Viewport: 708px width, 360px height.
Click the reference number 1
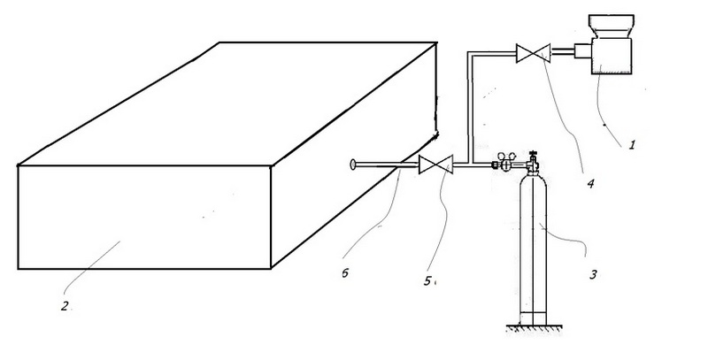(x=632, y=145)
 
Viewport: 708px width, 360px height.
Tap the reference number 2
(x=65, y=306)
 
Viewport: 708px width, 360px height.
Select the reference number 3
(x=593, y=274)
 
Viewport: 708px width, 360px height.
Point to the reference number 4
(x=590, y=184)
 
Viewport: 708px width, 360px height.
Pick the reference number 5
(x=427, y=281)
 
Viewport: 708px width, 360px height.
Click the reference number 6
(x=345, y=273)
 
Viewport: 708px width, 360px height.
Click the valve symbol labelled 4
(x=534, y=53)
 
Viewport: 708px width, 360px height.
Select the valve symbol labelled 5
(x=435, y=165)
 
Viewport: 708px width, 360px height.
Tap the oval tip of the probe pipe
(x=353, y=165)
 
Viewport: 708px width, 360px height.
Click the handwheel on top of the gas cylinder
(x=534, y=154)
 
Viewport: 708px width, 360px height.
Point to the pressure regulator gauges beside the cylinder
(x=508, y=161)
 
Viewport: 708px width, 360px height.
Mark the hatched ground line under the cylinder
(x=535, y=328)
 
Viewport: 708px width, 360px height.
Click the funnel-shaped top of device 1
(x=612, y=27)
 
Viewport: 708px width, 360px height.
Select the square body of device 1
(x=612, y=56)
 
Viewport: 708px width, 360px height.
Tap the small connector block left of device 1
(x=582, y=51)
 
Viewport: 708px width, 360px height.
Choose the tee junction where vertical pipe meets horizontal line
(x=471, y=164)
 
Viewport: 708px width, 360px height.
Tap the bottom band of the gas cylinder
(x=534, y=318)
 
